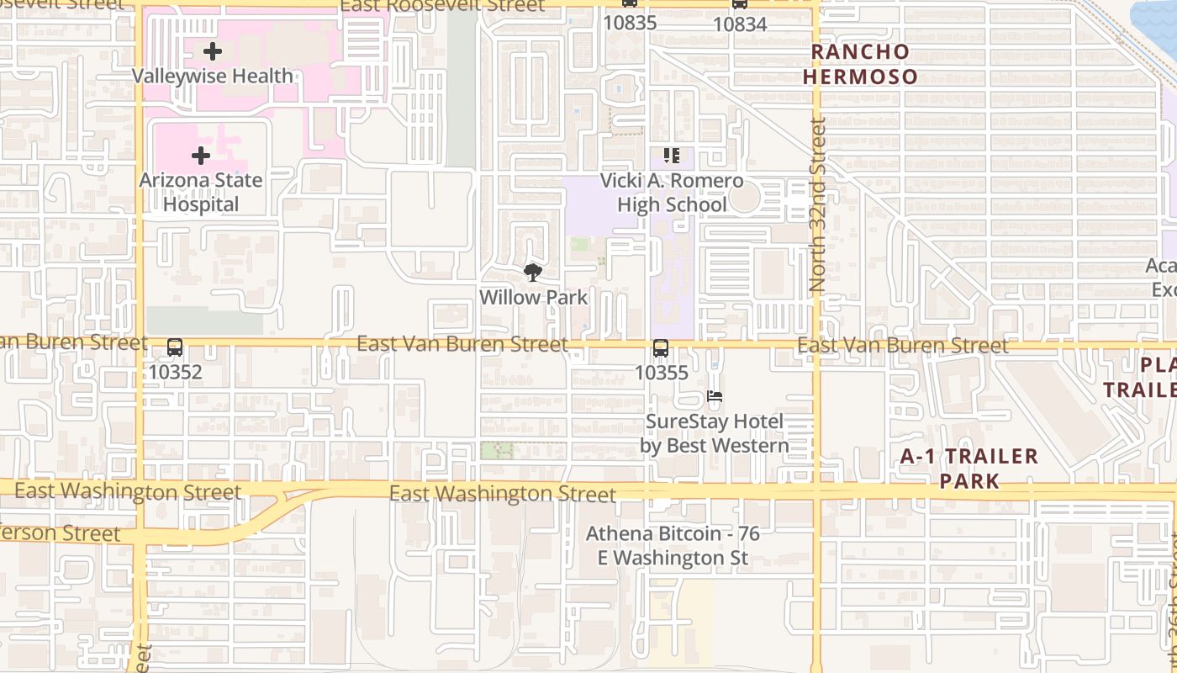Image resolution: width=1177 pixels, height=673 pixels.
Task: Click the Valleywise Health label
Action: point(213,76)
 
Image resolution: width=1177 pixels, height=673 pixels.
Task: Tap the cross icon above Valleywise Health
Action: point(213,51)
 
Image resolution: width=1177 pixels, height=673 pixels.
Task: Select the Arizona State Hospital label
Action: point(201,192)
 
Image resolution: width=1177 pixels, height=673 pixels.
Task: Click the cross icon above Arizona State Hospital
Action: point(201,156)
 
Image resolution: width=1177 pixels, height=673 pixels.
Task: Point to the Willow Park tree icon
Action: point(532,273)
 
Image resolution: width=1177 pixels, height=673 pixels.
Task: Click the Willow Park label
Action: point(534,297)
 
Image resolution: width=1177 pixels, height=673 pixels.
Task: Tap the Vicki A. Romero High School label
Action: point(672,193)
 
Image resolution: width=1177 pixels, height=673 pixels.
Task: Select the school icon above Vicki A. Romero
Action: point(672,156)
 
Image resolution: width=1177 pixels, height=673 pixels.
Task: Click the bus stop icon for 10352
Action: point(175,347)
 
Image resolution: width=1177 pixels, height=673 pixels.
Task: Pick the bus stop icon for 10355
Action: point(661,348)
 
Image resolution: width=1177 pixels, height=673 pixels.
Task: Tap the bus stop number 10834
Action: point(740,24)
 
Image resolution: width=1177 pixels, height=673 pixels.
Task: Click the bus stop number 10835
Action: point(630,23)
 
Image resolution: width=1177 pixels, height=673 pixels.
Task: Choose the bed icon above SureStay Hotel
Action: point(715,396)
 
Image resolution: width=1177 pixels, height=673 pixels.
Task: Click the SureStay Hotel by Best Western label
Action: point(715,433)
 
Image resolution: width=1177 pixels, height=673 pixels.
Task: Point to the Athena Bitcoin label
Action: point(673,545)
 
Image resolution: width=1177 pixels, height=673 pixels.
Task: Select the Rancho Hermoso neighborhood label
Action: point(861,64)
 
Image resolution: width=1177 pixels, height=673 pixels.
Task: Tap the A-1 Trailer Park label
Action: point(969,469)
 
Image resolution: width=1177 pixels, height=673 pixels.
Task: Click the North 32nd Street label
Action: point(817,205)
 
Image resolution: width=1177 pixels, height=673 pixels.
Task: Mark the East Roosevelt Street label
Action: point(442,6)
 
